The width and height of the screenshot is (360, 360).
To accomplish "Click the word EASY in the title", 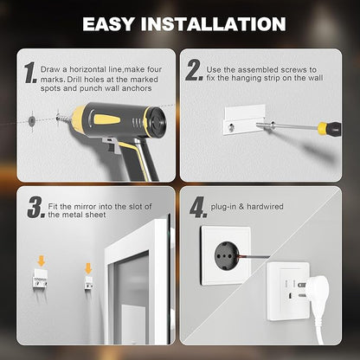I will coord(119,24).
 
